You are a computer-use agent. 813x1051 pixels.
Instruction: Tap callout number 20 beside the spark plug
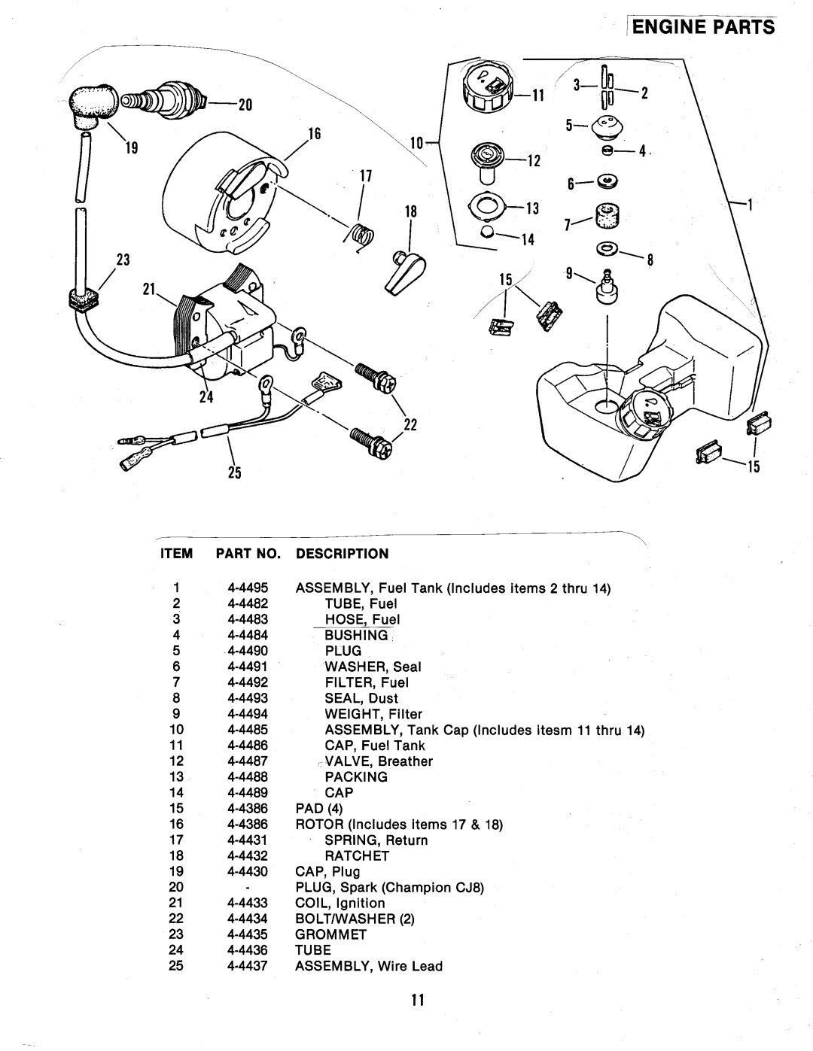[x=242, y=106]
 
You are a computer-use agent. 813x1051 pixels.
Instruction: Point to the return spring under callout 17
[x=361, y=235]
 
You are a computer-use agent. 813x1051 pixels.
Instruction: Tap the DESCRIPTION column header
[x=342, y=554]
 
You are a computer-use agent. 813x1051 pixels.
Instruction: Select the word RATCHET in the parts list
[x=357, y=855]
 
